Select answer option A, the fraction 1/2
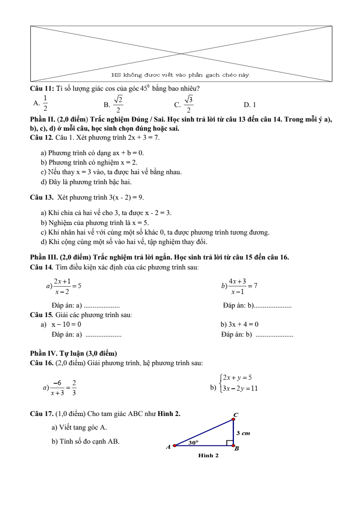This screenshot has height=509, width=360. (45, 103)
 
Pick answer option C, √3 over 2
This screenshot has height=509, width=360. (189, 104)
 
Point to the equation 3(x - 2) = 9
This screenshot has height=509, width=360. (127, 197)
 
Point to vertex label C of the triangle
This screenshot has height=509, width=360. (236, 414)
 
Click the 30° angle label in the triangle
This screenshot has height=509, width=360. (194, 441)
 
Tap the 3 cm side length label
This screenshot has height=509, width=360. (243, 433)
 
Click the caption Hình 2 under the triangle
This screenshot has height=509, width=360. (208, 455)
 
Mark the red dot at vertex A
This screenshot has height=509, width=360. (175, 446)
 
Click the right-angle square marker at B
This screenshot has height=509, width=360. (230, 443)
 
